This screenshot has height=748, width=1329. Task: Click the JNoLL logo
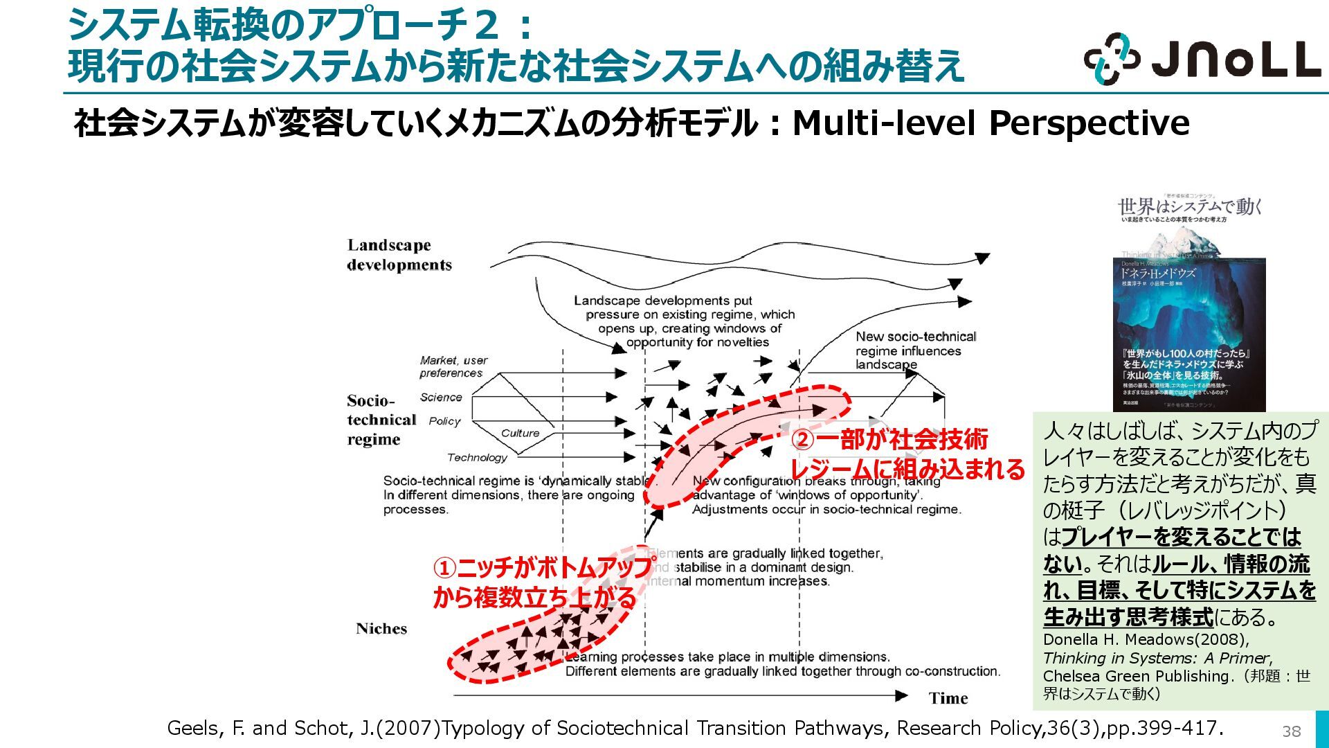(1202, 60)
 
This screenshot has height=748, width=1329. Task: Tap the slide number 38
(1291, 731)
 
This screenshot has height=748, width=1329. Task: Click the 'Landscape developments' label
(399, 255)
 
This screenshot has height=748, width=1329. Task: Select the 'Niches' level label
(381, 629)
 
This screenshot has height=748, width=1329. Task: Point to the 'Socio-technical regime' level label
(381, 420)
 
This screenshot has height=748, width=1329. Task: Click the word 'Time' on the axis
(948, 698)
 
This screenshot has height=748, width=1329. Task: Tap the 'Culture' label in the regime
(520, 434)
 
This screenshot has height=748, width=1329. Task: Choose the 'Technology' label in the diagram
(477, 458)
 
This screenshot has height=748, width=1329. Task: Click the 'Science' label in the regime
(441, 398)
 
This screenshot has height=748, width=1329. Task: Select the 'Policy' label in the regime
(444, 421)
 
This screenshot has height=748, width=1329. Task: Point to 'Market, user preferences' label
(453, 366)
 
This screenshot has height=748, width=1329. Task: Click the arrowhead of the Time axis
(901, 695)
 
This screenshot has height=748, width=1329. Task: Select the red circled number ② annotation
(802, 440)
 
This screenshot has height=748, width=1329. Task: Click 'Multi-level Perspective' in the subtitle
(991, 123)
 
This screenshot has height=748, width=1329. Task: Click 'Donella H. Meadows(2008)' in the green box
(1146, 639)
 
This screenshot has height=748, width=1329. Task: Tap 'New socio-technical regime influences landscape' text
(915, 350)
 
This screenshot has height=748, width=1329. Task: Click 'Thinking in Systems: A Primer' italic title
(1157, 658)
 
